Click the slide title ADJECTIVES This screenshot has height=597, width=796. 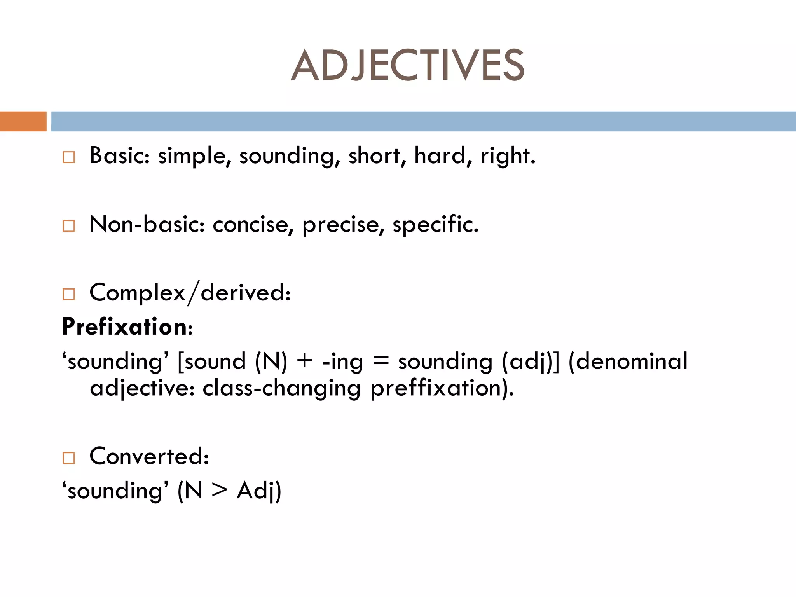click(x=407, y=65)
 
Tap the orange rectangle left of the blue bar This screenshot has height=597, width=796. click(x=23, y=121)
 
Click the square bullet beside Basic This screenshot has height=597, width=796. click(x=68, y=157)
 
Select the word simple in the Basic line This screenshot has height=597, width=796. click(x=192, y=156)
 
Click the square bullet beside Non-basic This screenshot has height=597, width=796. click(x=68, y=226)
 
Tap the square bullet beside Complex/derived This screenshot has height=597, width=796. click(x=68, y=294)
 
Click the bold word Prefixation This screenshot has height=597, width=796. click(x=125, y=326)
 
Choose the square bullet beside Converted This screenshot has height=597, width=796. click(x=68, y=458)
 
